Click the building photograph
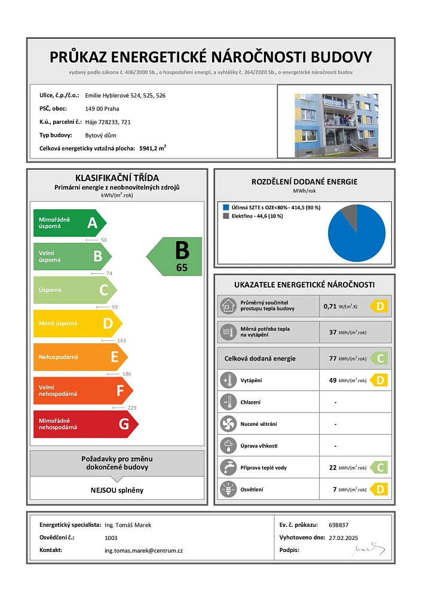pyautogui.click(x=336, y=124)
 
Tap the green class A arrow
pyautogui.click(x=69, y=223)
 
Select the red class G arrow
pyautogui.click(x=84, y=424)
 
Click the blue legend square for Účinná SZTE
pyautogui.click(x=225, y=208)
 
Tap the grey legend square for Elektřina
pyautogui.click(x=225, y=216)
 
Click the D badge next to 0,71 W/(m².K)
pyautogui.click(x=380, y=306)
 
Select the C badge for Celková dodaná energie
pyautogui.click(x=380, y=358)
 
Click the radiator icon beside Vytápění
pyautogui.click(x=228, y=380)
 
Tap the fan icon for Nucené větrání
pyautogui.click(x=228, y=424)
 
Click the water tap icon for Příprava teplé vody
pyautogui.click(x=228, y=468)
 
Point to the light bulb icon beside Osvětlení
pyautogui.click(x=228, y=490)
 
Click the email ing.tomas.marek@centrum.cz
pyautogui.click(x=143, y=550)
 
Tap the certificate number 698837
pyautogui.click(x=338, y=524)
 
